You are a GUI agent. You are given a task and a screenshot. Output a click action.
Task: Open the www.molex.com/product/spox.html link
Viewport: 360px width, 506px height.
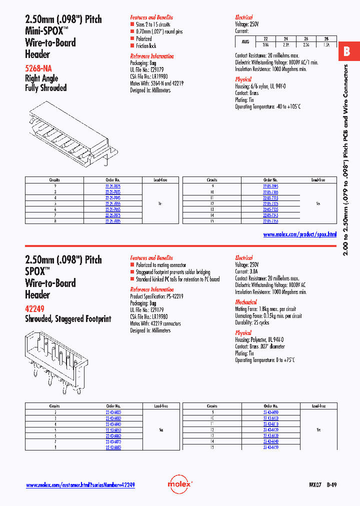tap(299, 234)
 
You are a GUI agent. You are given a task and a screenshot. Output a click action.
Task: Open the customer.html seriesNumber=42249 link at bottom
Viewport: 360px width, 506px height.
tap(80, 485)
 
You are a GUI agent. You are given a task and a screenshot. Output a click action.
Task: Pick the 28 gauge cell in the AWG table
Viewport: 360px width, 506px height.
tap(326, 38)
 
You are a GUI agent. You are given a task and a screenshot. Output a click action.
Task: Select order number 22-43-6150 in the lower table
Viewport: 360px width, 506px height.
tap(270, 447)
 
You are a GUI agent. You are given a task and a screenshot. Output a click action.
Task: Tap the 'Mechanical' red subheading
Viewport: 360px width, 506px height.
tap(246, 302)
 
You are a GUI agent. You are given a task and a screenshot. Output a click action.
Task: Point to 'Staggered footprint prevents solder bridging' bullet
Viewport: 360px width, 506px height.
tap(173, 272)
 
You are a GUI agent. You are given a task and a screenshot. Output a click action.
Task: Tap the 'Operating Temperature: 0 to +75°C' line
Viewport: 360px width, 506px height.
tap(265, 360)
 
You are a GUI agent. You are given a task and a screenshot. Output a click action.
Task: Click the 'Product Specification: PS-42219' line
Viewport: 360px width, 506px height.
tap(157, 296)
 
